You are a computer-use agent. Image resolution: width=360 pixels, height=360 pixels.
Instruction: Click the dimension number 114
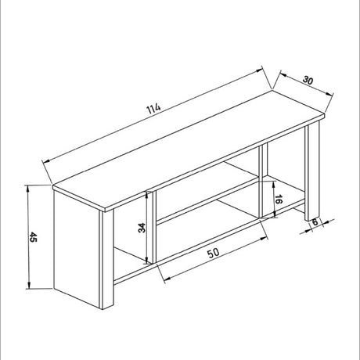pyautogui.click(x=154, y=109)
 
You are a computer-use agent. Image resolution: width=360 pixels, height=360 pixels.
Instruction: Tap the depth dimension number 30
pyautogui.click(x=308, y=80)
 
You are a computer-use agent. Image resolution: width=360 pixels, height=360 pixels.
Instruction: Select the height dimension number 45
pyautogui.click(x=34, y=237)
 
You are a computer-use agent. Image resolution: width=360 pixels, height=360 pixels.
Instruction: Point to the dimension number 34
pyautogui.click(x=142, y=228)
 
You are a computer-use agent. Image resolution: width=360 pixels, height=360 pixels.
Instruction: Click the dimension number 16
pyautogui.click(x=279, y=200)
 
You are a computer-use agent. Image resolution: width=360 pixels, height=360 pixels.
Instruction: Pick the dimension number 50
pyautogui.click(x=214, y=253)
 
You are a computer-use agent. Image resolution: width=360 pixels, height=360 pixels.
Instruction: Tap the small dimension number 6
pyautogui.click(x=315, y=222)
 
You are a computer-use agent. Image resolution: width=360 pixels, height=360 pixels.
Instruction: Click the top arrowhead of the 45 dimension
pyautogui.click(x=28, y=189)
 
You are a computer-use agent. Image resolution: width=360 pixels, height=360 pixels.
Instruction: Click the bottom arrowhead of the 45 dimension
pyautogui.click(x=29, y=285)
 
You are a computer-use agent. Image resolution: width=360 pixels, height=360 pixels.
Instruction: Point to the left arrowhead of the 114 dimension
pyautogui.click(x=46, y=162)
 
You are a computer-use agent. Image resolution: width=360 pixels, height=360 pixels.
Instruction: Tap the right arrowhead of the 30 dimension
pyautogui.click(x=330, y=95)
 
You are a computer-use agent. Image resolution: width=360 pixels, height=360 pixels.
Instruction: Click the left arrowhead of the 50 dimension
pyautogui.click(x=167, y=279)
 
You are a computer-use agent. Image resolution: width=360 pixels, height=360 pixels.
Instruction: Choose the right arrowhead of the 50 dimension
pyautogui.click(x=265, y=238)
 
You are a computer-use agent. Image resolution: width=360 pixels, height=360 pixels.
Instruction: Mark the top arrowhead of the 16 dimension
pyautogui.click(x=273, y=185)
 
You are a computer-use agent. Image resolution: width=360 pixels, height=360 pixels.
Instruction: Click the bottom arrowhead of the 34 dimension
pyautogui.click(x=148, y=261)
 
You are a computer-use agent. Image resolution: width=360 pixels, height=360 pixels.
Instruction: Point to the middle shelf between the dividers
pyautogui.click(x=208, y=193)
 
